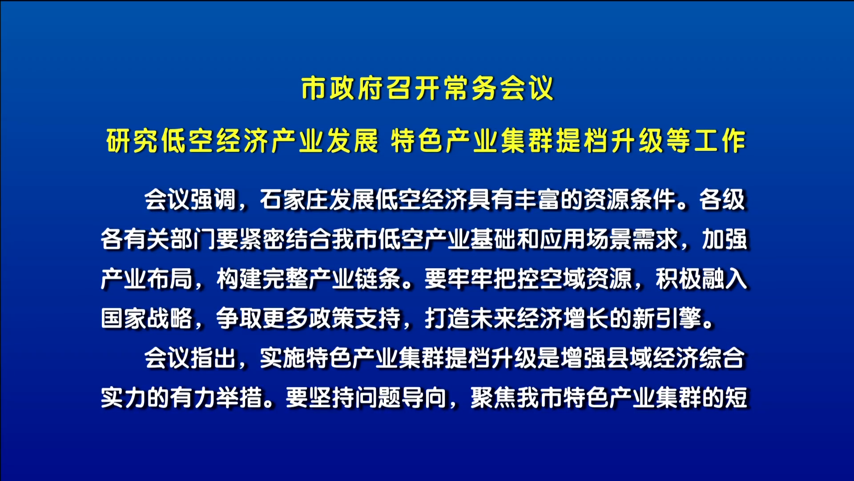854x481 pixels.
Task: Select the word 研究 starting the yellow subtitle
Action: tap(132, 141)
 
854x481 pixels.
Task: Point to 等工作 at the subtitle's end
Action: tap(706, 141)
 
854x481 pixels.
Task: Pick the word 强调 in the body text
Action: tap(213, 200)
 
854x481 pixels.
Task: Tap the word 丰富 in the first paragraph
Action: tap(537, 200)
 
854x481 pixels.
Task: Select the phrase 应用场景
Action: tap(586, 239)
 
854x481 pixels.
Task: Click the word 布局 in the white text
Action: tap(170, 279)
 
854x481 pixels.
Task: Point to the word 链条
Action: tap(378, 279)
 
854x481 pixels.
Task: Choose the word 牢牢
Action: tap(471, 279)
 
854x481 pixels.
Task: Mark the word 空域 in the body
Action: tap(563, 279)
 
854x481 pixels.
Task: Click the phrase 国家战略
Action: tap(147, 318)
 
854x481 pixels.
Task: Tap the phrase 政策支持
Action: tap(355, 318)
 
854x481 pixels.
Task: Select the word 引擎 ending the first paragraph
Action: tap(679, 318)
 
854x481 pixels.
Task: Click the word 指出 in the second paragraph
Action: tap(213, 358)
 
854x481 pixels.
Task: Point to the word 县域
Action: tap(630, 358)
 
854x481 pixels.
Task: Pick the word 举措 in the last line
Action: tap(239, 398)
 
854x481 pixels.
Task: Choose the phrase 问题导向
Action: tap(401, 398)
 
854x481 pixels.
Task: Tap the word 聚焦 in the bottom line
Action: tap(494, 398)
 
